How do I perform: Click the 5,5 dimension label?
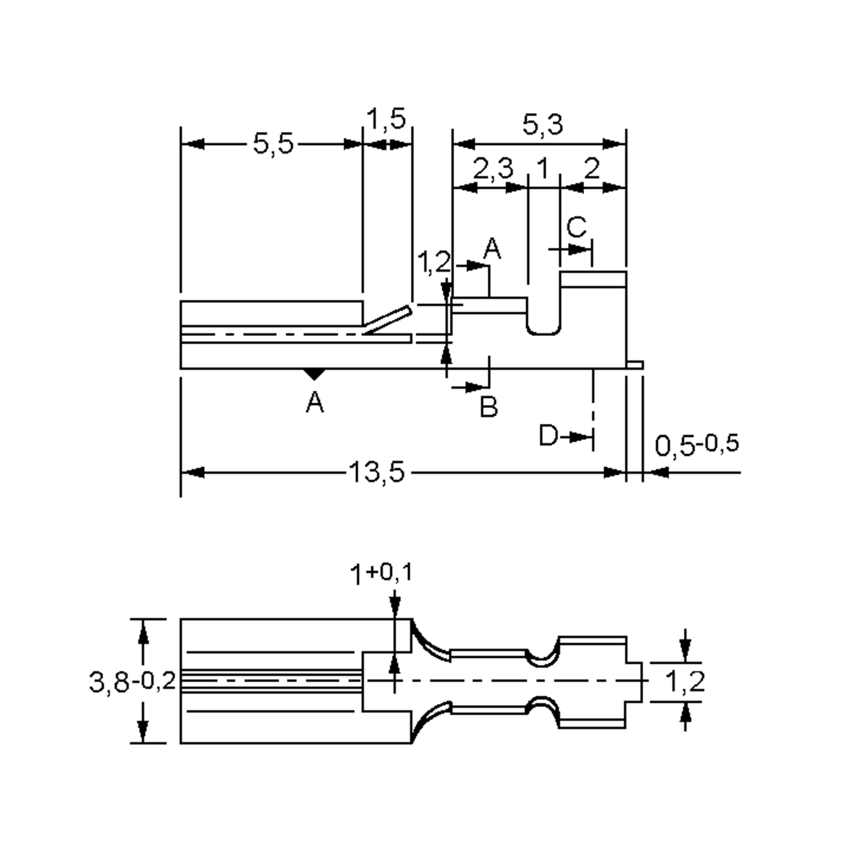pyautogui.click(x=273, y=144)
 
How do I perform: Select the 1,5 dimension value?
pyautogui.click(x=388, y=117)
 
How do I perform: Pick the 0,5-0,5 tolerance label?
pyautogui.click(x=696, y=445)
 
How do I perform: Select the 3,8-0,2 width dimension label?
pyautogui.click(x=133, y=681)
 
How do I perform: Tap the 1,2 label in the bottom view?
pyautogui.click(x=685, y=681)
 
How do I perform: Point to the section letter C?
pyautogui.click(x=577, y=228)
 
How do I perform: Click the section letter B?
pyautogui.click(x=489, y=407)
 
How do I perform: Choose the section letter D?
pyautogui.click(x=549, y=436)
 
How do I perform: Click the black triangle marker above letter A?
pyautogui.click(x=314, y=375)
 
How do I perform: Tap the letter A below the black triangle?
pyautogui.click(x=314, y=402)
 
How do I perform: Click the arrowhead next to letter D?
pyautogui.click(x=580, y=437)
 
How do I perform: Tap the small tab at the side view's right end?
pyautogui.click(x=634, y=365)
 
